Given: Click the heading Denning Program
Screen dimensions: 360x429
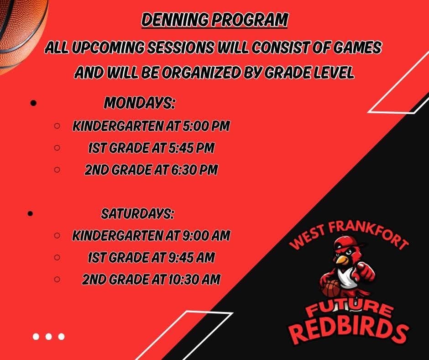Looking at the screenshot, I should (214, 21).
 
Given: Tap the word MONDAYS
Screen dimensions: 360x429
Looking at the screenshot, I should (140, 103).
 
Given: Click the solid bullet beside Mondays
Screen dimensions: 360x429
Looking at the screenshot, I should (33, 104).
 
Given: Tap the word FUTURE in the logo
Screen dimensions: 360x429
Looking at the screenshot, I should (349, 309).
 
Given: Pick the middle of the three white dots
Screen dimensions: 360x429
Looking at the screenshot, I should (48, 337).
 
